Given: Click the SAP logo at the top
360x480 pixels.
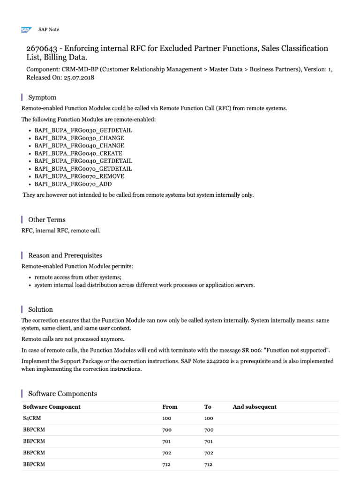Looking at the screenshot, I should [x=26, y=30].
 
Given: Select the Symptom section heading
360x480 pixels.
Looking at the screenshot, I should [x=42, y=97].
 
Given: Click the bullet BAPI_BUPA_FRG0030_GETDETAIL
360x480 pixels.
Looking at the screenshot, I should [x=83, y=130].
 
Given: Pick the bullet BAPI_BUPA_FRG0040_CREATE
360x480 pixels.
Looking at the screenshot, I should [x=79, y=153].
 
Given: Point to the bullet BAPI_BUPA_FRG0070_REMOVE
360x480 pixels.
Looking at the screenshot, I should [x=80, y=176].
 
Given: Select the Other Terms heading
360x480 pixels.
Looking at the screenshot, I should [x=47, y=219].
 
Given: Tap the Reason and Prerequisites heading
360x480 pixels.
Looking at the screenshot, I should [x=65, y=255].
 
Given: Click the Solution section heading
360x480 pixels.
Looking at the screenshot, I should [x=40, y=309].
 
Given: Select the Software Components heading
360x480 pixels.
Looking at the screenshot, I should [x=62, y=394].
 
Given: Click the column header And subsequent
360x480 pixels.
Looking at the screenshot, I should [x=255, y=407].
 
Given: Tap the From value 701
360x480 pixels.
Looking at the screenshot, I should [x=167, y=442].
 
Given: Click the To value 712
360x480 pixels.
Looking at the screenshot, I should [x=209, y=465].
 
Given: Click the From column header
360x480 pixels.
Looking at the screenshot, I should [x=170, y=407].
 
